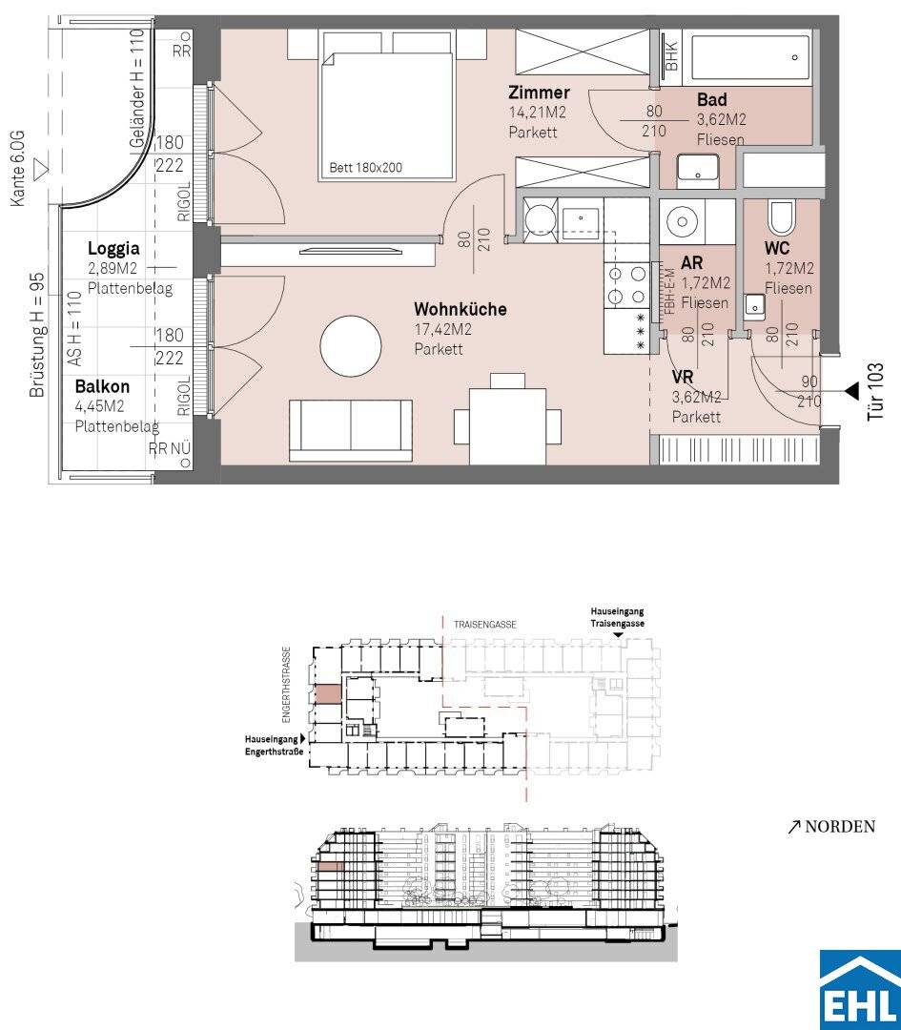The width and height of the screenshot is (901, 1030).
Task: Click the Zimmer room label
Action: click(x=539, y=93)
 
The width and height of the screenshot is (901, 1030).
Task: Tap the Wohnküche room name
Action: click(x=460, y=309)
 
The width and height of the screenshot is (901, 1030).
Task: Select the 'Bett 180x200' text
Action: click(x=366, y=168)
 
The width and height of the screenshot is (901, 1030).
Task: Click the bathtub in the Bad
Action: click(x=747, y=58)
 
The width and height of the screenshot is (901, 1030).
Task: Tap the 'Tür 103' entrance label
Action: click(x=875, y=392)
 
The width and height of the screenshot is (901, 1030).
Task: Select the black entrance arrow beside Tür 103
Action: click(x=851, y=392)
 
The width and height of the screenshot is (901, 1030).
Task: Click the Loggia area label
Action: click(x=113, y=248)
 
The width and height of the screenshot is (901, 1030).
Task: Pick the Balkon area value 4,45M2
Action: click(x=100, y=406)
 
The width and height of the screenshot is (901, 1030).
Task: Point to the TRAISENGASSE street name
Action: click(x=484, y=625)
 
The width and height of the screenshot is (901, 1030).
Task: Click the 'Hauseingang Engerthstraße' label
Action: click(x=275, y=745)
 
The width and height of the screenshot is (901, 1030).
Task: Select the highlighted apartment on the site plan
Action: click(x=328, y=694)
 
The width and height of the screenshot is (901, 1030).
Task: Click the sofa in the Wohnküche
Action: click(x=351, y=430)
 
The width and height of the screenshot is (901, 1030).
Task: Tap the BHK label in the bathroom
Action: click(x=671, y=56)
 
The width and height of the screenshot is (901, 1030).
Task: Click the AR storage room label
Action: click(x=692, y=263)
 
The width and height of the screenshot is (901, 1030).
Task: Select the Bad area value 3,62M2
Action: click(x=721, y=119)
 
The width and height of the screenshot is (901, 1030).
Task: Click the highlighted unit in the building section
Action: click(x=330, y=867)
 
